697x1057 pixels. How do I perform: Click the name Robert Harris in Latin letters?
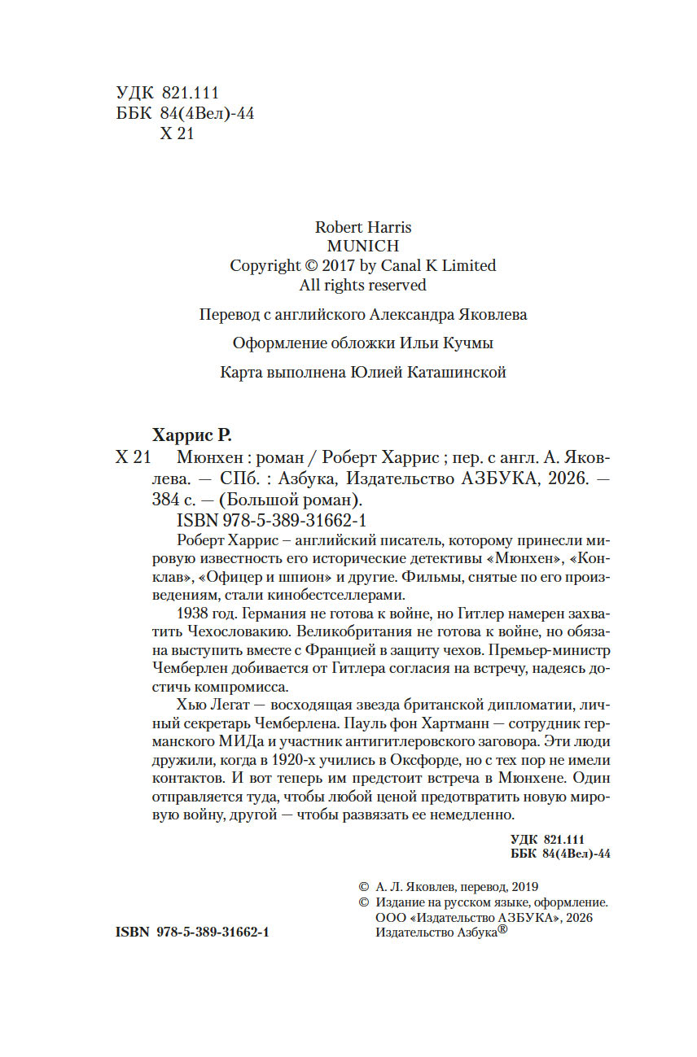pyautogui.click(x=362, y=227)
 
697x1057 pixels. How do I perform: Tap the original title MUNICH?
pyautogui.click(x=362, y=246)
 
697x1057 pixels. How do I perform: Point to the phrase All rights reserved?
pyautogui.click(x=362, y=285)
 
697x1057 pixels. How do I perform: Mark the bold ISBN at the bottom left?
pyautogui.click(x=193, y=932)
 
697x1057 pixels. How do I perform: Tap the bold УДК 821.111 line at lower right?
pyautogui.click(x=547, y=839)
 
